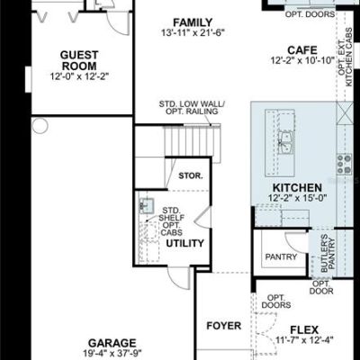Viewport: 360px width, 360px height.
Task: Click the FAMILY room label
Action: (x=193, y=22)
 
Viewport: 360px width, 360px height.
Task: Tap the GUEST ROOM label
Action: (x=79, y=60)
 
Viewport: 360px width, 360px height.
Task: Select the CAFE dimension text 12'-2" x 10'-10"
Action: (x=302, y=60)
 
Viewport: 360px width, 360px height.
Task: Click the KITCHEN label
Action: (x=297, y=188)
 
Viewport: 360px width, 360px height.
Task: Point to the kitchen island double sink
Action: (x=286, y=143)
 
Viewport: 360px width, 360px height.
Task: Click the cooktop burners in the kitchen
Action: (x=345, y=165)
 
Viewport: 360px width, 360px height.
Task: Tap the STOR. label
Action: (x=191, y=175)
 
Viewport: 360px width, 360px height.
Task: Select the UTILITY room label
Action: (x=184, y=243)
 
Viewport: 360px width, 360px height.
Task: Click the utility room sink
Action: (x=146, y=206)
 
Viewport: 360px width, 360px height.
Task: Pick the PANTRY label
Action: (x=281, y=256)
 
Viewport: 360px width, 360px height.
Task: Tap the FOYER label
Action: (x=224, y=326)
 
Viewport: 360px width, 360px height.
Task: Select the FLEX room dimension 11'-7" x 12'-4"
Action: (x=304, y=340)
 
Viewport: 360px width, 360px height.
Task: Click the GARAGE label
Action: (x=112, y=343)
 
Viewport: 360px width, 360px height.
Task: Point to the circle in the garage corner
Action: (x=40, y=125)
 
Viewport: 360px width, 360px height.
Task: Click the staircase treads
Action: (x=192, y=141)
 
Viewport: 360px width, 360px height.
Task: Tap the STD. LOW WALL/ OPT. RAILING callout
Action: (x=192, y=108)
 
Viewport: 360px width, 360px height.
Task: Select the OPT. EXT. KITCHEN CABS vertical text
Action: (x=345, y=57)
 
